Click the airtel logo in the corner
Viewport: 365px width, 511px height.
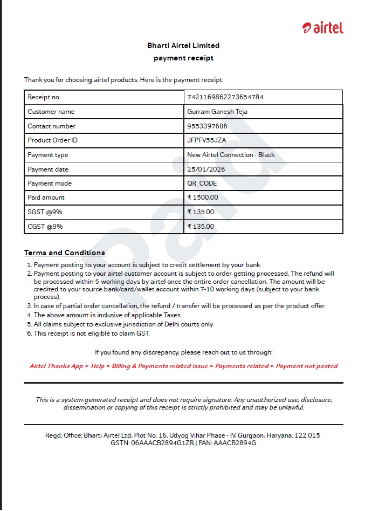[323, 28]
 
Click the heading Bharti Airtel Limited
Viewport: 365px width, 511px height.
[183, 45]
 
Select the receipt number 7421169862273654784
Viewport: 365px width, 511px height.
[225, 97]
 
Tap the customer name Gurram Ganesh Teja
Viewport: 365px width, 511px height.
[217, 112]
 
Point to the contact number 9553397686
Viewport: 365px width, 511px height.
[207, 126]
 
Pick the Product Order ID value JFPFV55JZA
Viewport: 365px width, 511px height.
[206, 140]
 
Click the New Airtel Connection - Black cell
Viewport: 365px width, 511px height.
[231, 155]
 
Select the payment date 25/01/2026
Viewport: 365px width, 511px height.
[206, 169]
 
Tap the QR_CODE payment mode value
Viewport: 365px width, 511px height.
[202, 183]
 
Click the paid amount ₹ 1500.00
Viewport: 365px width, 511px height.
[203, 198]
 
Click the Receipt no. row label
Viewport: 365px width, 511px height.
[44, 97]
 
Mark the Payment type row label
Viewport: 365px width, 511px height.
[48, 155]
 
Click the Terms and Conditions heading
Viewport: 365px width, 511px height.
[65, 253]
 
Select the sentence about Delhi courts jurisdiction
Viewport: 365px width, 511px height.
[124, 324]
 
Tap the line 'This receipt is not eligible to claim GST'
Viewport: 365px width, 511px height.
[88, 333]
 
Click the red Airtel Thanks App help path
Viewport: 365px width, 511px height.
[184, 366]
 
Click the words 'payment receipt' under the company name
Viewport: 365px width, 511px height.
[183, 58]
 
